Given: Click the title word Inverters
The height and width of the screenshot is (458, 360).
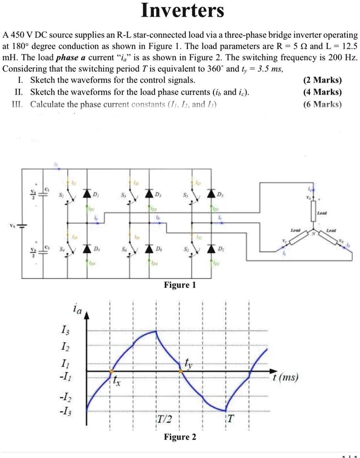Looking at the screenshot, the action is (182, 11).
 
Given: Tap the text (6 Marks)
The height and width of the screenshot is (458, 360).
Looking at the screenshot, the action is (322, 104).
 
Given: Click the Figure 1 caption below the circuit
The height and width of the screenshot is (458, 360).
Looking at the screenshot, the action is (180, 285).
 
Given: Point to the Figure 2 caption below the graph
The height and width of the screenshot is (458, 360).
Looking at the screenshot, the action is (180, 437).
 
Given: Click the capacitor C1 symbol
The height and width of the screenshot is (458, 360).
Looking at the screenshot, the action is (43, 192).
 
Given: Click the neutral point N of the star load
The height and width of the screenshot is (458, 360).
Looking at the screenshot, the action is (314, 233).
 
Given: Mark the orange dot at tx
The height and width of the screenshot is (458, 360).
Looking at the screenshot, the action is (111, 372).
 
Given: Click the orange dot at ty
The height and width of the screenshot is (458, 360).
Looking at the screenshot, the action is (181, 372).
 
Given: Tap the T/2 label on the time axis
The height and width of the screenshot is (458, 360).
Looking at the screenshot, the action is (165, 419).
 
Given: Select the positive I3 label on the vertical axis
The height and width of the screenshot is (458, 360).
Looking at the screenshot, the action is (65, 332).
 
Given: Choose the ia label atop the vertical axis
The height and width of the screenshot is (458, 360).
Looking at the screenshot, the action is (77, 309).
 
